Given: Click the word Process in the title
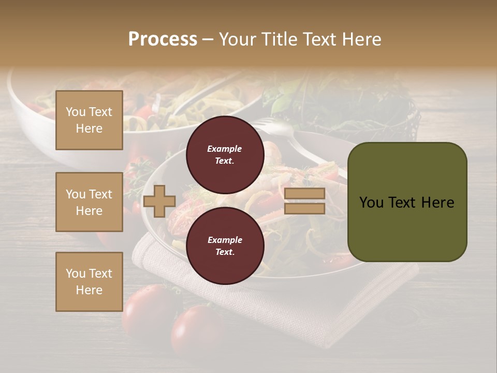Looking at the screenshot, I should click(163, 39).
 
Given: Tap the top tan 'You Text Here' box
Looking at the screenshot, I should click(89, 120).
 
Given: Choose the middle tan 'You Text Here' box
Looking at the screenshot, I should click(89, 202).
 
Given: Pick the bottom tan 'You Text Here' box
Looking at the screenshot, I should click(89, 282).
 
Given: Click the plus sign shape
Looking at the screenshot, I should click(159, 202).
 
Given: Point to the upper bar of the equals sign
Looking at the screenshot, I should click(304, 194).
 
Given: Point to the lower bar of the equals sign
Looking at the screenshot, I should click(304, 208).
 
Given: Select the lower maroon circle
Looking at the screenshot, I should click(225, 246).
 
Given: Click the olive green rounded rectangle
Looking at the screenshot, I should click(407, 202).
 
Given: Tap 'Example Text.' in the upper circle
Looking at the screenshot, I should click(225, 155).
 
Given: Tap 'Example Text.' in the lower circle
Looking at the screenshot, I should click(225, 246).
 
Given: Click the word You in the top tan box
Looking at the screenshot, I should click(76, 112).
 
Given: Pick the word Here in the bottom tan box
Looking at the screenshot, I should click(89, 290).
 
